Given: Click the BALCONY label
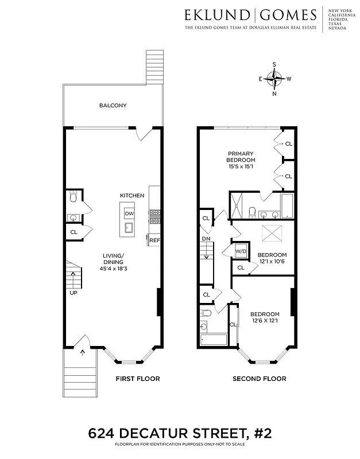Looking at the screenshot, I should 113,106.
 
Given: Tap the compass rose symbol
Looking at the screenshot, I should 274,79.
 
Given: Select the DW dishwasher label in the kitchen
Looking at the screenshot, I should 129,213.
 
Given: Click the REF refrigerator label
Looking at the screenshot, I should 154,241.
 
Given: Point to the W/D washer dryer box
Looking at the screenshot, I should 241,251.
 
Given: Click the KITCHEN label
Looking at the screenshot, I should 131,196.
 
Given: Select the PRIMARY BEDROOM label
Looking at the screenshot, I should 241,156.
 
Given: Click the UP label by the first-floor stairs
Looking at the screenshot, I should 73,292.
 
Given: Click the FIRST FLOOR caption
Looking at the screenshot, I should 137,379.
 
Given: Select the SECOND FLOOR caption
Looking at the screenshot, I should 259,379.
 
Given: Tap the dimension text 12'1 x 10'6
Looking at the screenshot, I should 271,262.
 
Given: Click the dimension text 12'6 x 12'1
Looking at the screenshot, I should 265,321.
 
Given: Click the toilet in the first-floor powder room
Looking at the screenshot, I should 73,199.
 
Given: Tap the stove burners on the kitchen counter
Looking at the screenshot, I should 154,216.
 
